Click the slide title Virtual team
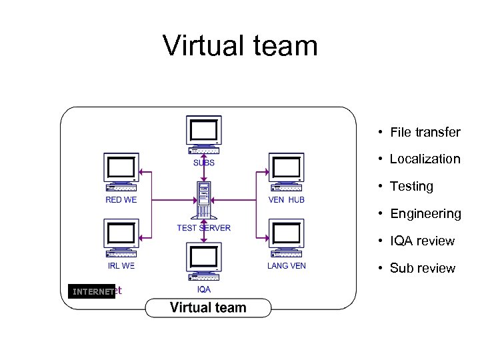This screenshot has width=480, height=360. point(240,46)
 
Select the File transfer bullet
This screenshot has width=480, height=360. point(425,132)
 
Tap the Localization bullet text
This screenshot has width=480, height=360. point(425,159)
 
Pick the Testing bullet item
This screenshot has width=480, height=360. point(411,186)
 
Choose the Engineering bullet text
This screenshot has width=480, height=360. point(425,213)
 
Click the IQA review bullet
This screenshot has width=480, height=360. point(422,241)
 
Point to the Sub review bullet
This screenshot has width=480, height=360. point(422,268)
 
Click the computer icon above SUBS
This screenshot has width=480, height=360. point(204,134)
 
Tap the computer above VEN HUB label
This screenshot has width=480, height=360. point(286,172)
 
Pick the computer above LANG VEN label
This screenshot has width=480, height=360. point(286,238)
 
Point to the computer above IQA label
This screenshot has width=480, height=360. point(204,262)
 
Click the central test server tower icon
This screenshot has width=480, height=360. point(204,200)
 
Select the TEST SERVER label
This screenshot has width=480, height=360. point(204,228)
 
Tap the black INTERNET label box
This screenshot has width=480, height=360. point(92,291)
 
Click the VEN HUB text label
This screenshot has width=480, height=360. point(286,200)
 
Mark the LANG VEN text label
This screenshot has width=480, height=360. point(286,266)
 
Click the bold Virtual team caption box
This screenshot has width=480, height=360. point(208,307)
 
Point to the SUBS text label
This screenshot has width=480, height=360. point(204,163)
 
